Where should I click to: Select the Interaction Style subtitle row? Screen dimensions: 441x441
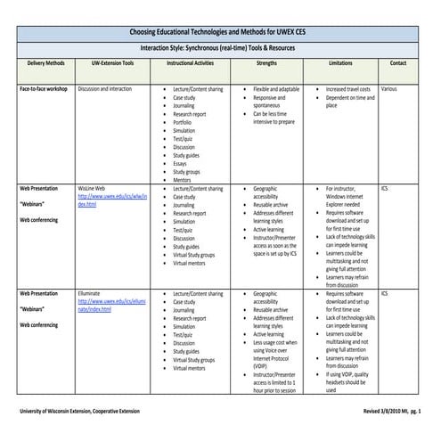coord(220,48)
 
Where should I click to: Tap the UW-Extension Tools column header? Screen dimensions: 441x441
coord(112,64)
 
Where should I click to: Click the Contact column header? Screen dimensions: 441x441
coord(398,64)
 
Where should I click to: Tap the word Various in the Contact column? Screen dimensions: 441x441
coord(388,90)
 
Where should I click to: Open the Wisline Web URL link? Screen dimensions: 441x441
coord(111,200)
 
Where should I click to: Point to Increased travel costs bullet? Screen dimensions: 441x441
coord(348,90)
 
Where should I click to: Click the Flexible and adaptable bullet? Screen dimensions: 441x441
coord(276,90)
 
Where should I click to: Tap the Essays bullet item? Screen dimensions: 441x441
coord(183,163)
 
